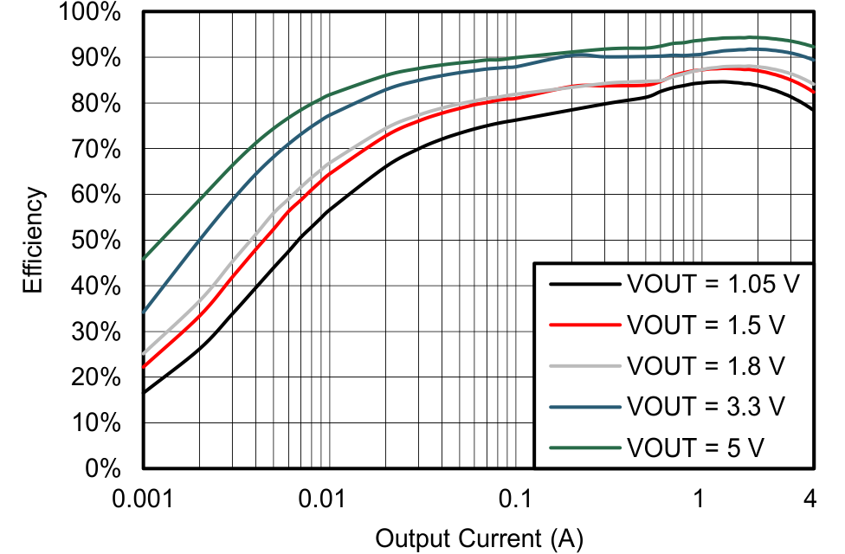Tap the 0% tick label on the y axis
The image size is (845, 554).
[108, 469]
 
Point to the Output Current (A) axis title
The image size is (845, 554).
[479, 538]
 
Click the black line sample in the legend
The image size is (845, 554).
[585, 284]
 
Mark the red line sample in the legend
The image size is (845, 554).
[585, 325]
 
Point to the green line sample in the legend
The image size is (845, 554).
[585, 447]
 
